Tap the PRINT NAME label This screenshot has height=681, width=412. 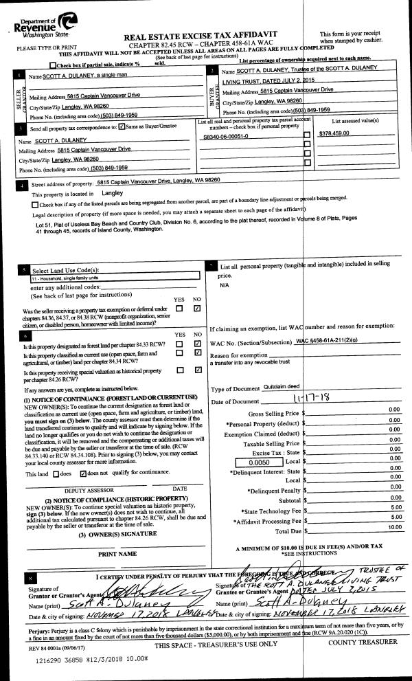pos(115,552)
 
